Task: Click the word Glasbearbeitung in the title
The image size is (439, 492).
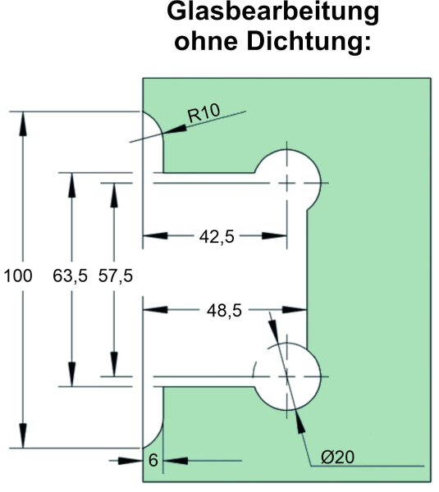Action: pyautogui.click(x=273, y=12)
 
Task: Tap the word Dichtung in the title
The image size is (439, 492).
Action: pyautogui.click(x=309, y=41)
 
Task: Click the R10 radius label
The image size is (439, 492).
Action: pyautogui.click(x=203, y=113)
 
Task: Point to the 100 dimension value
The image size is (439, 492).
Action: pyautogui.click(x=18, y=276)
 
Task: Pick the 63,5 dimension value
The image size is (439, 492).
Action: pyautogui.click(x=70, y=276)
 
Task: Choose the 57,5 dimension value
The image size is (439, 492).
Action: pyautogui.click(x=115, y=276)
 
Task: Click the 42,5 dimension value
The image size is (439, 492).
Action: pyautogui.click(x=217, y=237)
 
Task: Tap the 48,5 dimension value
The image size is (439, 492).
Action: pyautogui.click(x=224, y=311)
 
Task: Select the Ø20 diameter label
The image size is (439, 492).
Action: pyautogui.click(x=337, y=457)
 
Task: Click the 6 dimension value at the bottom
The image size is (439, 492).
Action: pyautogui.click(x=153, y=460)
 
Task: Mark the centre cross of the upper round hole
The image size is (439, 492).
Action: pyautogui.click(x=286, y=183)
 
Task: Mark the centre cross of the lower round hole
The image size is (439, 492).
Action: pyautogui.click(x=286, y=376)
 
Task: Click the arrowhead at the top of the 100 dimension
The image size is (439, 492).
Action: pyautogui.click(x=23, y=124)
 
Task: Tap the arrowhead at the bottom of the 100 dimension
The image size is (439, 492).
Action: pyautogui.click(x=23, y=436)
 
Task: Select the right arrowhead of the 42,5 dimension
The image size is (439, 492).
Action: pyautogui.click(x=274, y=235)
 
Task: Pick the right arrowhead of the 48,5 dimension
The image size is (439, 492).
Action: pyautogui.click(x=295, y=310)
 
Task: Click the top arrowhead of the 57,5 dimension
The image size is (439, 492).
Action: pyautogui.click(x=114, y=195)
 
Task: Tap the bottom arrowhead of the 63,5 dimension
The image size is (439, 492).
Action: pyautogui.click(x=72, y=375)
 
